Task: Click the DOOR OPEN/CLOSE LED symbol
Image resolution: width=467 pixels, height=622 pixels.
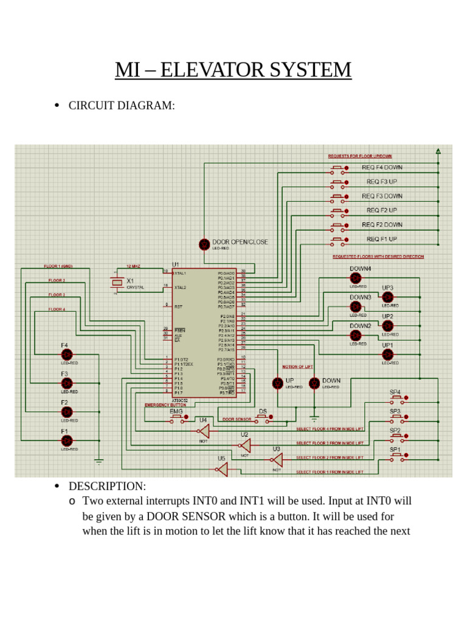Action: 204,244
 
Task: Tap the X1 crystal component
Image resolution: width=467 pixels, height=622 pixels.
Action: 117,282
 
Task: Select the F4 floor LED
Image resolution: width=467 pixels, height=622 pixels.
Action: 67,355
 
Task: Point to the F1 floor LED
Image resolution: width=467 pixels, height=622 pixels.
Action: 67,440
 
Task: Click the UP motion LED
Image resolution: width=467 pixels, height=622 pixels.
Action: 277,383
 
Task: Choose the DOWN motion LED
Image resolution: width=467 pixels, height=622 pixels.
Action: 314,383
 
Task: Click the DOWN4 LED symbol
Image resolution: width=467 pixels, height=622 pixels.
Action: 356,278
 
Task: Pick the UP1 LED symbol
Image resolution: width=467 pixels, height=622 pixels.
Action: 387,354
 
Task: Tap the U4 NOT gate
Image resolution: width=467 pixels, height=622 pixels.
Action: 204,431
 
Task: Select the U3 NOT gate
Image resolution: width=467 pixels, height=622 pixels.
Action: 277,460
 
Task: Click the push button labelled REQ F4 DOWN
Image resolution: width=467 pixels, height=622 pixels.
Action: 338,168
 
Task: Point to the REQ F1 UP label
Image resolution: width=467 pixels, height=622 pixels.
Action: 381,239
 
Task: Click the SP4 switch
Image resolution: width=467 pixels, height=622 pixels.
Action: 398,398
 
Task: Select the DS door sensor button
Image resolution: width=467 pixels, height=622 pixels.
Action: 263,418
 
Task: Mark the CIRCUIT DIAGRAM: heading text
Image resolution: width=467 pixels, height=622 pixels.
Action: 122,106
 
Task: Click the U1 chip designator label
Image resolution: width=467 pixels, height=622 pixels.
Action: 176,265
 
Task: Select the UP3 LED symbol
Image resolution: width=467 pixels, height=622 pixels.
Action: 387,296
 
